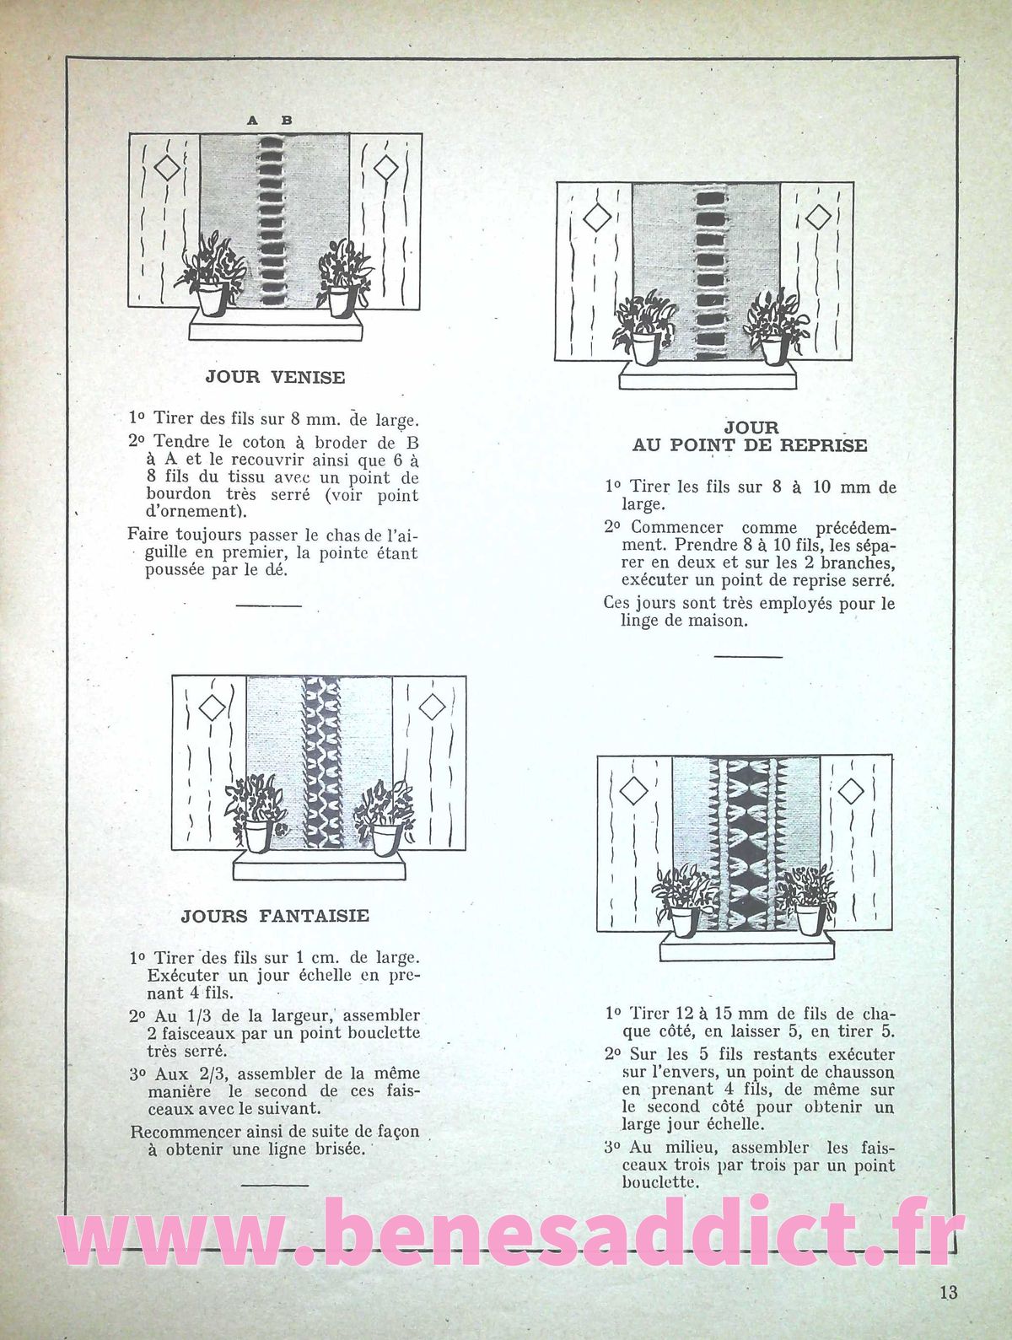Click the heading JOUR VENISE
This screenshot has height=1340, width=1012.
click(x=275, y=377)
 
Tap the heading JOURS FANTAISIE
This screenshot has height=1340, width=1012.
click(x=275, y=916)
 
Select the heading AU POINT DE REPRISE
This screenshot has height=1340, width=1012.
click(x=750, y=445)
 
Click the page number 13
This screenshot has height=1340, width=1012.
click(x=947, y=1292)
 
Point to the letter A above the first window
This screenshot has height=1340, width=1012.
click(x=252, y=121)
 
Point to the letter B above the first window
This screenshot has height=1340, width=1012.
click(x=287, y=121)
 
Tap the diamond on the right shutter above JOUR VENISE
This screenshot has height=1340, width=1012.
click(x=385, y=167)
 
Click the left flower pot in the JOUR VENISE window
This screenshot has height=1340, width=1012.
click(x=210, y=299)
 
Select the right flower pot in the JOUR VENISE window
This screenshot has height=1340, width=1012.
click(x=340, y=300)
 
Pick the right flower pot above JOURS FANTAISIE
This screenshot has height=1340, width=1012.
click(x=385, y=838)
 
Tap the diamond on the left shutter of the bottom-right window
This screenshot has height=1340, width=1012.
click(x=632, y=791)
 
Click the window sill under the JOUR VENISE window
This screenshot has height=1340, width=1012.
click(x=275, y=327)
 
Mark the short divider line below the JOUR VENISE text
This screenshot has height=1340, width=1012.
click(x=268, y=605)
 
